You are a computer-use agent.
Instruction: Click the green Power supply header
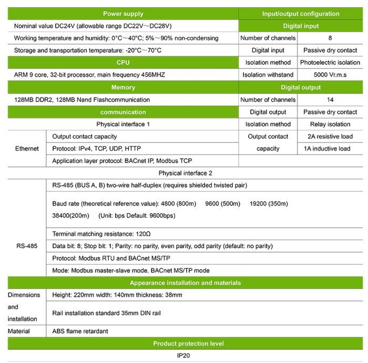[123, 14]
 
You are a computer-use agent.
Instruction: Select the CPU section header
[123, 63]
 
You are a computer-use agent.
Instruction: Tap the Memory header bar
[123, 87]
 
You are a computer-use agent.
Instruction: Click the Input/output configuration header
[301, 14]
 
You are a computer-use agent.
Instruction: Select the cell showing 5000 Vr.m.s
[330, 75]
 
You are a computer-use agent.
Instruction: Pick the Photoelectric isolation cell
[330, 63]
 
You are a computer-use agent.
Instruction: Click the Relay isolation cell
[330, 124]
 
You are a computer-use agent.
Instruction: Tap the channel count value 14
[330, 99]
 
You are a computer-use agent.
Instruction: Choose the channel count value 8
[330, 38]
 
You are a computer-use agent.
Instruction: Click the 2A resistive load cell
[330, 136]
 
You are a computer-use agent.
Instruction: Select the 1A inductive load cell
[330, 148]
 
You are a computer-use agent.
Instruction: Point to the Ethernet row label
[27, 148]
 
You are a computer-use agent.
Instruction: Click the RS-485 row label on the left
[27, 246]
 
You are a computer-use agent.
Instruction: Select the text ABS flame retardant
[80, 331]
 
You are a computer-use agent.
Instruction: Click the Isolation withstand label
[268, 75]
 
